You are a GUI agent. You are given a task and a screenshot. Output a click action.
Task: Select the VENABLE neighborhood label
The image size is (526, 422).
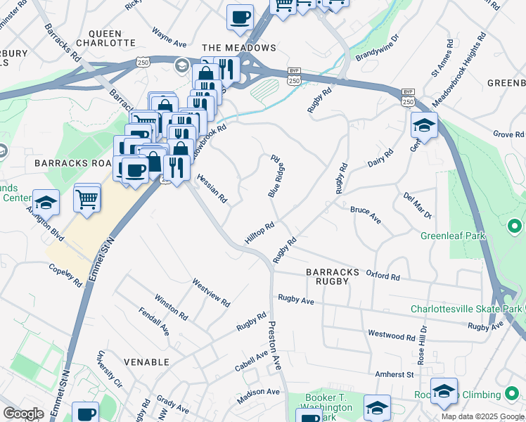(x=146, y=362)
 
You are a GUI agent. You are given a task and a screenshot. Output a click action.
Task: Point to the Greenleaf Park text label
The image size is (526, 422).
(x=454, y=236)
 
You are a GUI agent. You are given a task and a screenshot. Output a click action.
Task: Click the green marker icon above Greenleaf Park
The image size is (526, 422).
(x=515, y=226)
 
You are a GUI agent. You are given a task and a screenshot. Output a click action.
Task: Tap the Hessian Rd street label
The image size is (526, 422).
(x=212, y=188)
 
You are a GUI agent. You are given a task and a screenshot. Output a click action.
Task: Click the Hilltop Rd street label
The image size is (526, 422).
(x=259, y=234)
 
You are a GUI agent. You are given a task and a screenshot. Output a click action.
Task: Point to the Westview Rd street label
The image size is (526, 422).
(x=211, y=292)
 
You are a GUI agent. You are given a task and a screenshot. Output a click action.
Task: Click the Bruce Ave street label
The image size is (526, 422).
(x=366, y=215)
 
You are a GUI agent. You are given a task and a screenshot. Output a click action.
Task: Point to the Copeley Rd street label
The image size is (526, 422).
(x=66, y=275)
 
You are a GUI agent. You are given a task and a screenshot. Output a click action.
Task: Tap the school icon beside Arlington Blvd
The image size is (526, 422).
(x=46, y=202)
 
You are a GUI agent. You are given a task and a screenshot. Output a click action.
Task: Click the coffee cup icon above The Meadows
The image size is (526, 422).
(x=240, y=16)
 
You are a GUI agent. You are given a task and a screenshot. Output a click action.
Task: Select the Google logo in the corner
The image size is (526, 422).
(x=23, y=414)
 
